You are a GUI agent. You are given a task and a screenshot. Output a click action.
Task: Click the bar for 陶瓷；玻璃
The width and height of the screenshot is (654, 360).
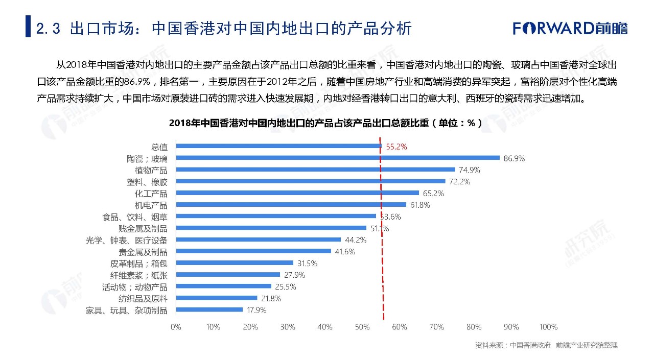tap(337, 158)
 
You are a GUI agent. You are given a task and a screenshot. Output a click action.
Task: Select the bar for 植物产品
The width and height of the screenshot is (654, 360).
tap(315, 170)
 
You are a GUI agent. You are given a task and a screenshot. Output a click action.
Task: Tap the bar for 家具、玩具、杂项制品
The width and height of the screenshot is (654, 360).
tap(209, 309)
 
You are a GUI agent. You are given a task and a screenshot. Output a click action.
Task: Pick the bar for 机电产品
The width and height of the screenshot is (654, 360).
tap(291, 205)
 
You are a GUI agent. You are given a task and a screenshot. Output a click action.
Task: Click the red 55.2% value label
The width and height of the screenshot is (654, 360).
tap(396, 147)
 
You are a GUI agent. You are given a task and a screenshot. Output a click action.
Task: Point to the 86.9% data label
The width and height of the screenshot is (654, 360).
tap(514, 158)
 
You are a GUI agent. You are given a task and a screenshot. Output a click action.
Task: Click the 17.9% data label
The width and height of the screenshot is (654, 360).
tap(256, 310)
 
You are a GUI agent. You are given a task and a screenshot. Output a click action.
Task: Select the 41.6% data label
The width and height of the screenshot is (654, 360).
tap(345, 252)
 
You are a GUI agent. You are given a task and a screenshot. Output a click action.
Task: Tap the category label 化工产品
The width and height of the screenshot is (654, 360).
tap(151, 194)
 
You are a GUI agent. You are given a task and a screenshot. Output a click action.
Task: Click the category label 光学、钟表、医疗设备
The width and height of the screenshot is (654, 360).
tap(126, 240)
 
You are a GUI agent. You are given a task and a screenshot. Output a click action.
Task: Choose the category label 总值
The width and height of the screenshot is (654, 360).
tap(159, 147)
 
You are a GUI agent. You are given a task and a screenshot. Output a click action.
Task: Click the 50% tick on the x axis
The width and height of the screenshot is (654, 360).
tap(362, 327)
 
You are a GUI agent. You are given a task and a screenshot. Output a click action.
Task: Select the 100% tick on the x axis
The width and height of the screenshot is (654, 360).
tap(548, 327)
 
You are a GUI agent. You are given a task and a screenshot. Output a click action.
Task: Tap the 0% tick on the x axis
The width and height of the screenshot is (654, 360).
tap(175, 327)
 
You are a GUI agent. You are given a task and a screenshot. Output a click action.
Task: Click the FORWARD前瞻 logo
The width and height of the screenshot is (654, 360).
tap(570, 28)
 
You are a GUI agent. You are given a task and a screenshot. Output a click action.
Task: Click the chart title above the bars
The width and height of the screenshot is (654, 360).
tap(325, 123)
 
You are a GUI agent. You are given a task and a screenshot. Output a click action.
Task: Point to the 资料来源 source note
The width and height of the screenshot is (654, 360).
tap(546, 345)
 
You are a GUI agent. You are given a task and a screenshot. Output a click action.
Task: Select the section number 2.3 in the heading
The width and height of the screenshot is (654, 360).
tap(49, 29)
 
